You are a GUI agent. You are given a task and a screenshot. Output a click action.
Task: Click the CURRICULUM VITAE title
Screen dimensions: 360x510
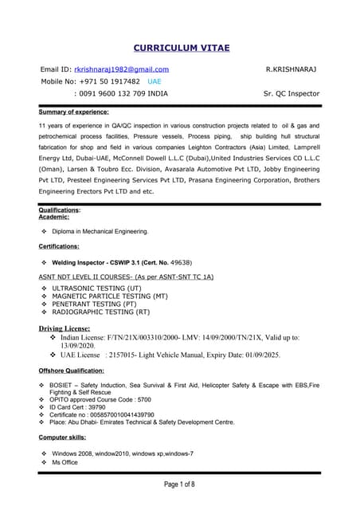180,49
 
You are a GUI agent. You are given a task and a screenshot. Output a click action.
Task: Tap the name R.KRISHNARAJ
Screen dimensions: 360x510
291,69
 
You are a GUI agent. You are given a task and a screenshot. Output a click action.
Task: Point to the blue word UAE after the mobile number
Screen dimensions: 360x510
154,81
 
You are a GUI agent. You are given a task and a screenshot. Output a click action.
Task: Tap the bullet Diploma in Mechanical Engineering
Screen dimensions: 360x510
100,231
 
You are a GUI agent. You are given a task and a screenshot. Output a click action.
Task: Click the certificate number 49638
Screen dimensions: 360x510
179,261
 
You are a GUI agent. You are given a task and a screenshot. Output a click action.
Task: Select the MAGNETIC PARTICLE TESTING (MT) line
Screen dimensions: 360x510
109,296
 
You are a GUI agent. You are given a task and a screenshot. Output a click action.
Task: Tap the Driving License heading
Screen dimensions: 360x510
65,328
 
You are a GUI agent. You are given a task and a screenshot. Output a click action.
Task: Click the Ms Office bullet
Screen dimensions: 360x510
65,462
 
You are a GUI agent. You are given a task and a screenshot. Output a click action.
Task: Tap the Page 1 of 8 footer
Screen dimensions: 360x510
179,484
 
